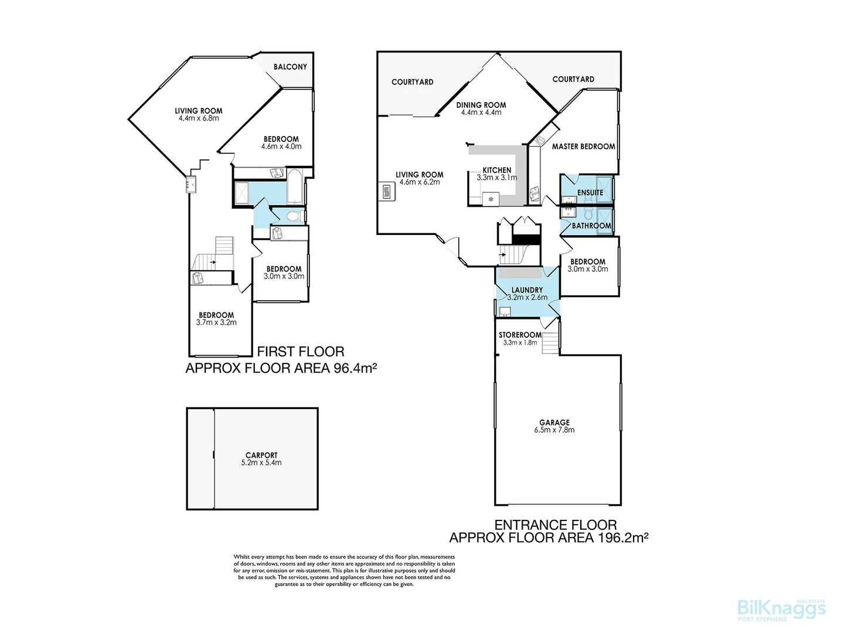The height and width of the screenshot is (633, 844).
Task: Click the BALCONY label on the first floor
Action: [x=290, y=67]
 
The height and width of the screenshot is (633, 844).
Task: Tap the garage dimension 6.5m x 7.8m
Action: [x=554, y=430]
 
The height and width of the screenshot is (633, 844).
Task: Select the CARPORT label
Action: [x=261, y=455]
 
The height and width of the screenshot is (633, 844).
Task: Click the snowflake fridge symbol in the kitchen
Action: [x=491, y=199]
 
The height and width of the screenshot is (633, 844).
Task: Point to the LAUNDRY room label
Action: [x=527, y=290]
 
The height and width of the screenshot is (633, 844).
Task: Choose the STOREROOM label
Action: [x=520, y=335]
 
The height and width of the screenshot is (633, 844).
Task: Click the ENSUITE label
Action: [x=590, y=192]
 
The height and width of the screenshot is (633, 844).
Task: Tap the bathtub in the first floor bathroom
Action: [x=295, y=186]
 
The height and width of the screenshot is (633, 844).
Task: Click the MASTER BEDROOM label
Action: [x=583, y=147]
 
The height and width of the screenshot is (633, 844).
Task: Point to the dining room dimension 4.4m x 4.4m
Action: [x=481, y=113]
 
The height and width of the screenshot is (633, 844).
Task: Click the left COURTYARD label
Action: [x=412, y=82]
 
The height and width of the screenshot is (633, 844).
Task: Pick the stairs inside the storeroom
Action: [x=550, y=343]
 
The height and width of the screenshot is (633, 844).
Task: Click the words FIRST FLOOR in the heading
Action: [x=301, y=352]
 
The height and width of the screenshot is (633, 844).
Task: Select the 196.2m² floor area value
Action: [x=622, y=537]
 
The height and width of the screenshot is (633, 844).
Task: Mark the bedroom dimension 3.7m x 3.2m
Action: [x=216, y=322]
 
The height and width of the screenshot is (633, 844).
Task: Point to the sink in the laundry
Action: [x=505, y=311]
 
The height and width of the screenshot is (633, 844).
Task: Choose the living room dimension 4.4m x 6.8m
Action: [x=199, y=118]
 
